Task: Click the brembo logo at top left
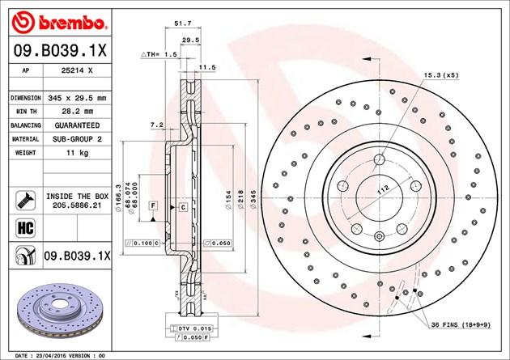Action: [47, 17]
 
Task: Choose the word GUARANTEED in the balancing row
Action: [76, 126]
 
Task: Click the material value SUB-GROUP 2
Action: [75, 140]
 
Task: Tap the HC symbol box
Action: [22, 228]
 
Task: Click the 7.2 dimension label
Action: [157, 125]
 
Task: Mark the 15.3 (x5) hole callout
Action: [442, 75]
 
